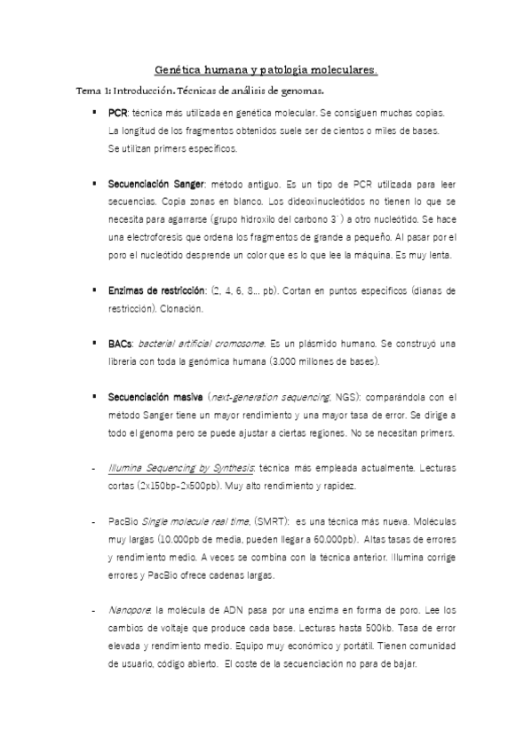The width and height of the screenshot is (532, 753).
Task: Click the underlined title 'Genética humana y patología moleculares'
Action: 266,68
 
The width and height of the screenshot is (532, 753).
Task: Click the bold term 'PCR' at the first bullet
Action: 117,115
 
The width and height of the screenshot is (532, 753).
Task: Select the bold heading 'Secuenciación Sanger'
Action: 156,184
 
